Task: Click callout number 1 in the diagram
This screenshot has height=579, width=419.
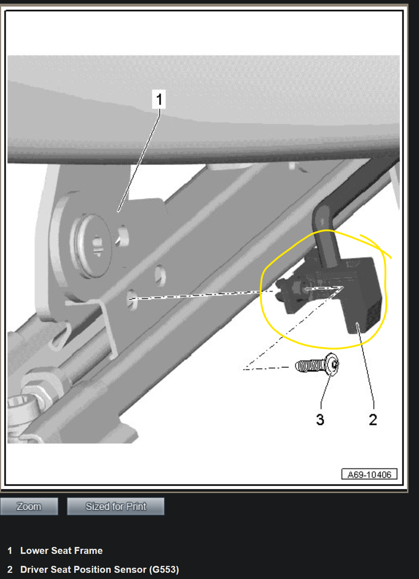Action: click(159, 99)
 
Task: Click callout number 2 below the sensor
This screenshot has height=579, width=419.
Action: click(373, 420)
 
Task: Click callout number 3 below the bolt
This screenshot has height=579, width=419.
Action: click(320, 420)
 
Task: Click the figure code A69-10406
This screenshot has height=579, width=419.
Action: click(369, 474)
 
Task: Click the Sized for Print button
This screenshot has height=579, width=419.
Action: click(116, 507)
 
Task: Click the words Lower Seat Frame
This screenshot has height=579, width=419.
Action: click(62, 551)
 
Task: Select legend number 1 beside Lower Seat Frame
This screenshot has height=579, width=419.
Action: click(10, 551)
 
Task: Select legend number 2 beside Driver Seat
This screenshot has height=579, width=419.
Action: click(10, 570)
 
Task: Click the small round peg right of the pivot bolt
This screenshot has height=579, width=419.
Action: click(123, 236)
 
